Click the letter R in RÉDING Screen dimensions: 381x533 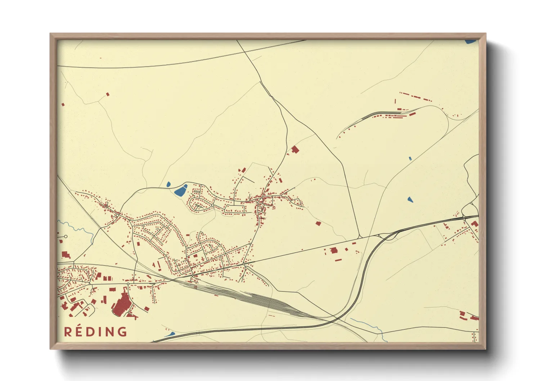coord(67,332)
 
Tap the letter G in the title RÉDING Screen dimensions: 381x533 coord(122,332)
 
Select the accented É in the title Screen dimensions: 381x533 coord(79,331)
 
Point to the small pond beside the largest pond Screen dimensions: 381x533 coord(168,185)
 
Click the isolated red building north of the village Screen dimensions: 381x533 coord(295,149)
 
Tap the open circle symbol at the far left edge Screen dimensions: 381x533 coord(66,237)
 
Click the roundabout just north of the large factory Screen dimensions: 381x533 coord(128,284)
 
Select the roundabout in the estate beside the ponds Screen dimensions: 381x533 coord(213,205)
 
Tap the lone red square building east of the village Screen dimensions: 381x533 coord(318,224)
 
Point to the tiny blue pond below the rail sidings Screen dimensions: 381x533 coord(410,158)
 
